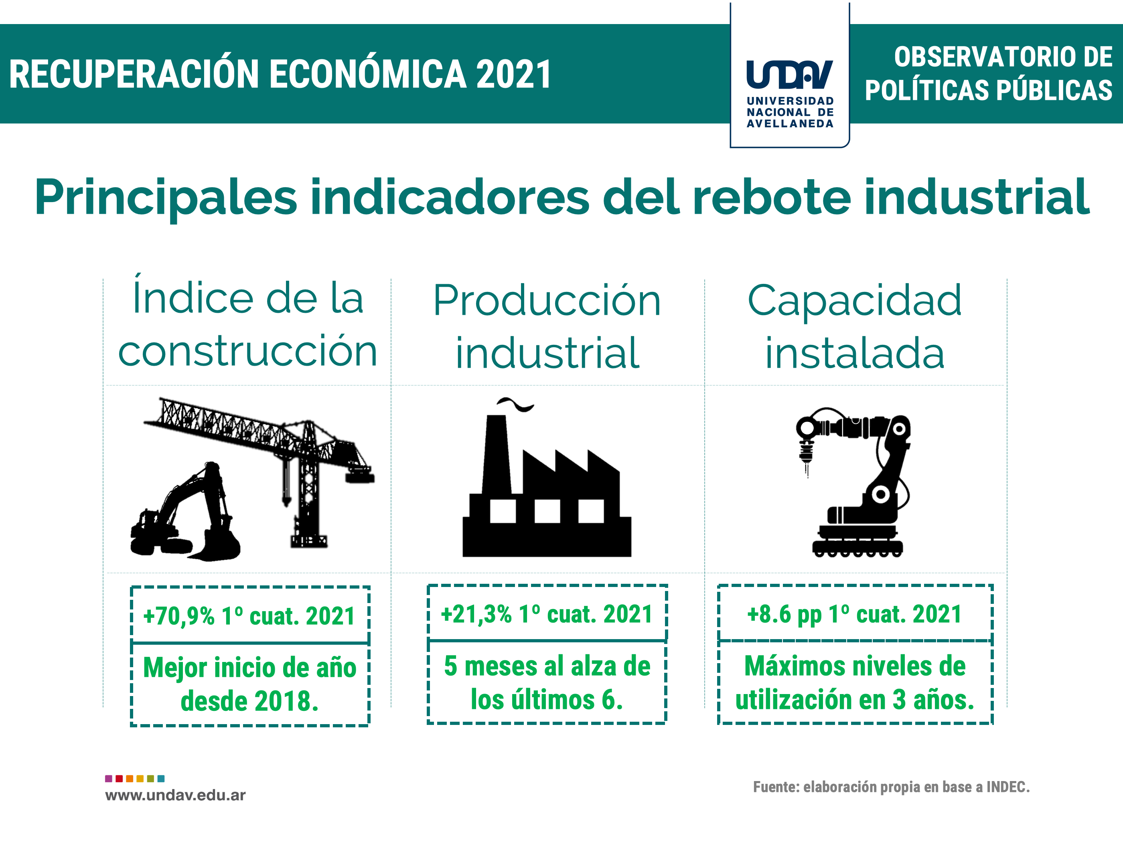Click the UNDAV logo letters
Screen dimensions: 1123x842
pyautogui.click(x=789, y=74)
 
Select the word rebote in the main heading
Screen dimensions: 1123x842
pyautogui.click(x=772, y=197)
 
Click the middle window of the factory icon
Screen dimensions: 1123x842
pyautogui.click(x=547, y=511)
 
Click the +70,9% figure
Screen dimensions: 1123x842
pyautogui.click(x=179, y=616)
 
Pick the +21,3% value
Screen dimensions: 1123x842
pyautogui.click(x=476, y=614)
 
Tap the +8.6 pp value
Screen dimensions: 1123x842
pyautogui.click(x=784, y=615)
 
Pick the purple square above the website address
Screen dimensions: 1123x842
pyautogui.click(x=109, y=779)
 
